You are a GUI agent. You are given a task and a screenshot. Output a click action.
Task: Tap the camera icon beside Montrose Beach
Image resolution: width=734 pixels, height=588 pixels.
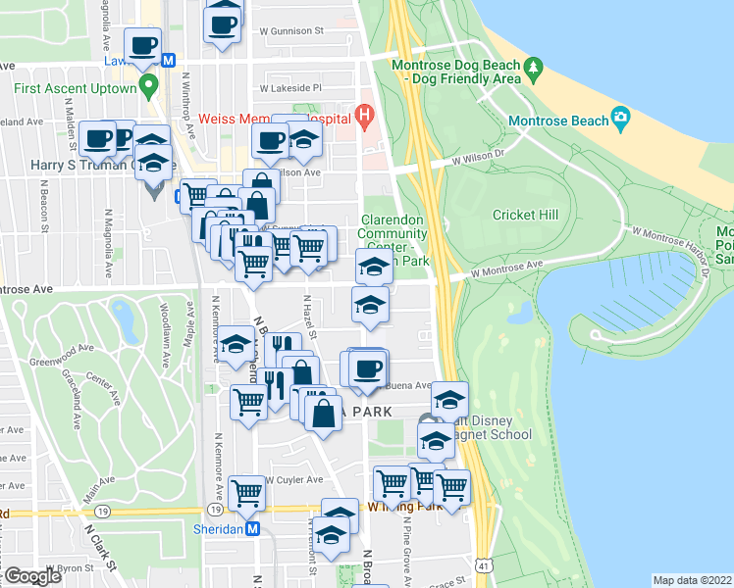(620, 119)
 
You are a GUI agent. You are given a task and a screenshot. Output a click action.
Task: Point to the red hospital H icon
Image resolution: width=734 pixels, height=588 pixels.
(364, 119)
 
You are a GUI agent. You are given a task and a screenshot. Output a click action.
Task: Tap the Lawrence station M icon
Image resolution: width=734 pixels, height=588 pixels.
(168, 61)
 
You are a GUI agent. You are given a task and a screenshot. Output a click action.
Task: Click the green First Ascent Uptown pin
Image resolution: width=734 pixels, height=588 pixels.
(149, 88)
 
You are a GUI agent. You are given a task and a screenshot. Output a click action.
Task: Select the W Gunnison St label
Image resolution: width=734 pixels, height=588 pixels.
(291, 31)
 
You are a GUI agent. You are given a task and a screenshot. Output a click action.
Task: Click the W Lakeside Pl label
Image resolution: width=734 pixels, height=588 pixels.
(290, 88)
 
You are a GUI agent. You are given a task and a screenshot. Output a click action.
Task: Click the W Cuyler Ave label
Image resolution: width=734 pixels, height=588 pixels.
(293, 480)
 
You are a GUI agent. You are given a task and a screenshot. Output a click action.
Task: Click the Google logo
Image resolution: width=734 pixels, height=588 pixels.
(32, 576)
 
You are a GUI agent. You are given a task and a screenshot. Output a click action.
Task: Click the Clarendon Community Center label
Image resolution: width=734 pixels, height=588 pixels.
(393, 233)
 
